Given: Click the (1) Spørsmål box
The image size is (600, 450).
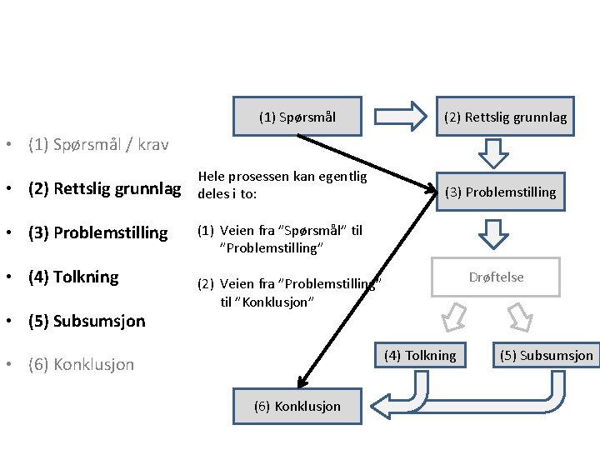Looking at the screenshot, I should tap(297, 117).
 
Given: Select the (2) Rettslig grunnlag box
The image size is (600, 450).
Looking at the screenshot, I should tap(505, 117).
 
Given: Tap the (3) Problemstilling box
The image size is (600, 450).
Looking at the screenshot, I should tap(500, 192).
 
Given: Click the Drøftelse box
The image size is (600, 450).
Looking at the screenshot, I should tap(496, 277).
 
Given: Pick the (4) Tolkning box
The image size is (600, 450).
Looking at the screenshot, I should tap(419, 356).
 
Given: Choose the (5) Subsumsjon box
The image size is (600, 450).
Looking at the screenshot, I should tap(546, 356).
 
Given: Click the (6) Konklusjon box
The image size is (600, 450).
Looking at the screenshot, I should tap(297, 406).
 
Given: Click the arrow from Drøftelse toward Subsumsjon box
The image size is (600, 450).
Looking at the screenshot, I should tap(521, 316).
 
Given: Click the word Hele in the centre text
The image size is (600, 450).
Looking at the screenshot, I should tap(210, 177).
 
